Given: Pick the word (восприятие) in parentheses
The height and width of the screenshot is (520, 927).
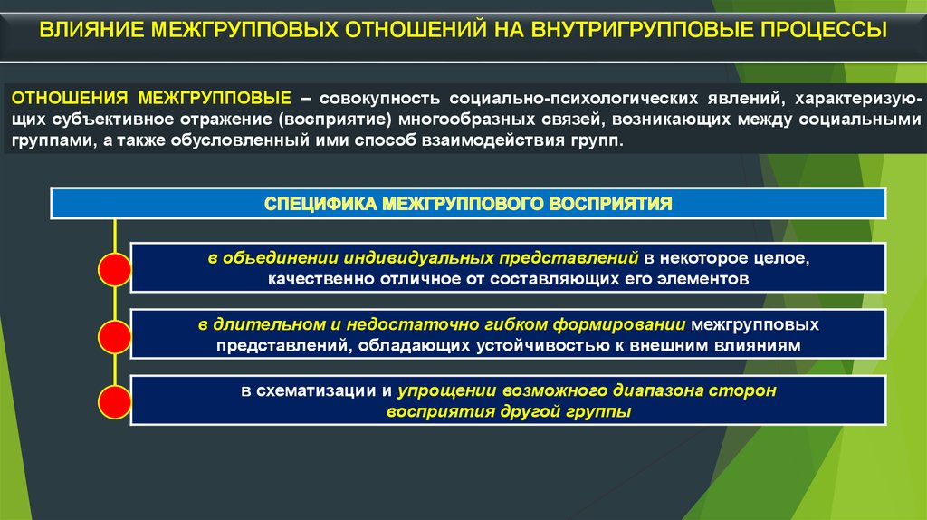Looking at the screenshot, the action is (x=336, y=120).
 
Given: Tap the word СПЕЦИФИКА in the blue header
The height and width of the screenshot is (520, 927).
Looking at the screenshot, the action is (x=320, y=204).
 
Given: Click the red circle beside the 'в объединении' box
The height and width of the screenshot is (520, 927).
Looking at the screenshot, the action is (x=115, y=270).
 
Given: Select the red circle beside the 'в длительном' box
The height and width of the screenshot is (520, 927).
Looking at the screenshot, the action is (x=115, y=337).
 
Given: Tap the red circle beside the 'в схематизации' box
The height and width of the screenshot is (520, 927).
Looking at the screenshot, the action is (x=115, y=402).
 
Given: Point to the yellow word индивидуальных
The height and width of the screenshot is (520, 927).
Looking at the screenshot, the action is (x=419, y=258).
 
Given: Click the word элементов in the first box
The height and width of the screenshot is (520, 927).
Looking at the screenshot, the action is (x=702, y=279).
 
